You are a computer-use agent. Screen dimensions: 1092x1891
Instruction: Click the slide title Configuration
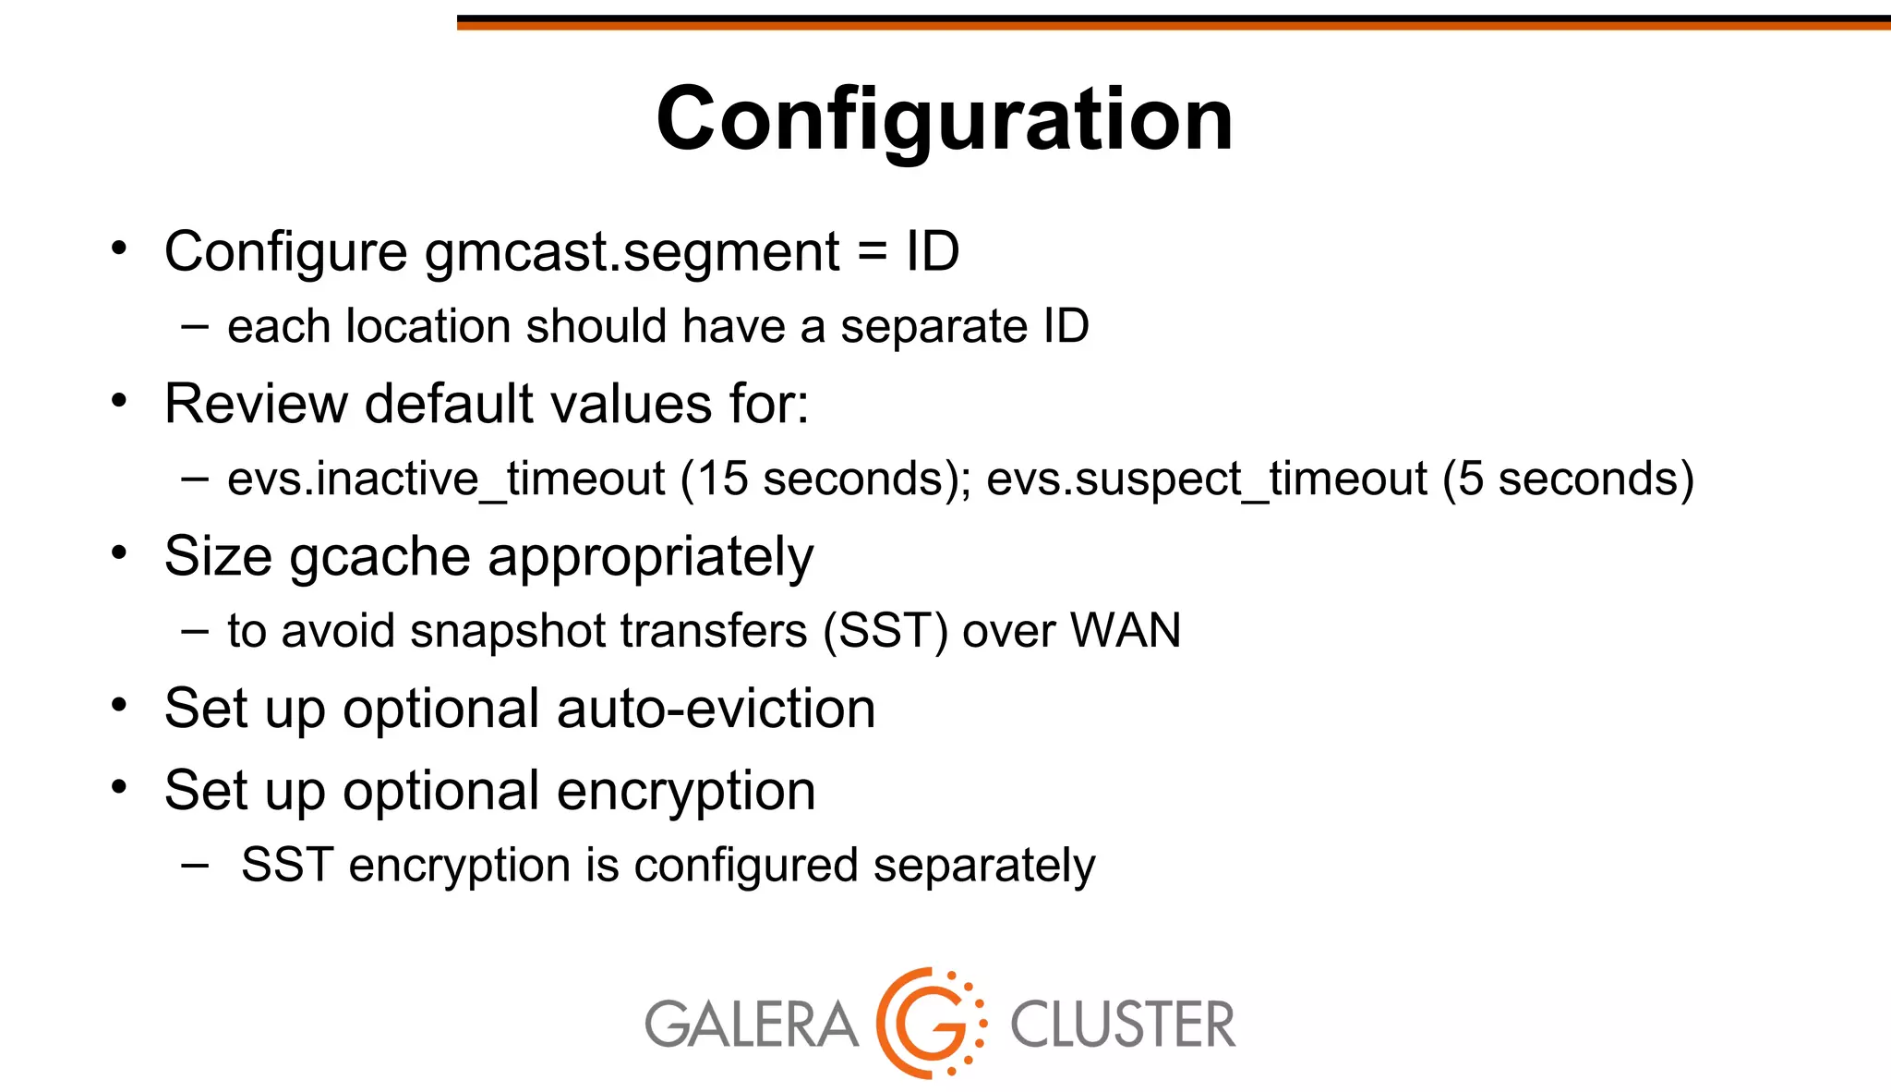[945, 119]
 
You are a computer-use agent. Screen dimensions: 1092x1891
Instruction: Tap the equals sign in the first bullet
[872, 251]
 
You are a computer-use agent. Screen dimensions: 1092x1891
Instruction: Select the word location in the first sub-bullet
[428, 326]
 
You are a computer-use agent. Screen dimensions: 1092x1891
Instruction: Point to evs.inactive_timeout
[446, 479]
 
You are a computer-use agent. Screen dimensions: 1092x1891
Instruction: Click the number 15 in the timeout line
[721, 479]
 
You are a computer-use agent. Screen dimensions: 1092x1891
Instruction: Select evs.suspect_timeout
[1207, 479]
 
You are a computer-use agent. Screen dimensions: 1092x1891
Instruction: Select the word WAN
[1125, 631]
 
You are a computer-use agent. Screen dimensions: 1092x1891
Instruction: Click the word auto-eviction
[716, 709]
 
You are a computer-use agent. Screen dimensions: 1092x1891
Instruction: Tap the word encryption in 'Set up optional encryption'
[686, 791]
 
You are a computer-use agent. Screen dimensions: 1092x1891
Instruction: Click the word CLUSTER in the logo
[1122, 1025]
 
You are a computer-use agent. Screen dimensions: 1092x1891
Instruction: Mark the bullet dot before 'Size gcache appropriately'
[118, 552]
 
